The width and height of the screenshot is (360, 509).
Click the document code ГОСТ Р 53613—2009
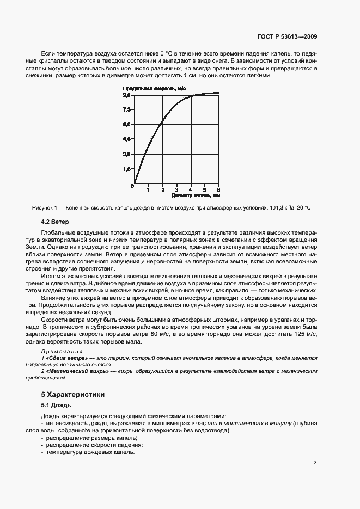click(x=288, y=37)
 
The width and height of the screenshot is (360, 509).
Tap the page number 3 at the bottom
click(x=315, y=463)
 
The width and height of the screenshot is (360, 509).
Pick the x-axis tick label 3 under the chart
click(x=176, y=189)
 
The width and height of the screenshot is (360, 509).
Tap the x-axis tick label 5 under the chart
click(x=218, y=189)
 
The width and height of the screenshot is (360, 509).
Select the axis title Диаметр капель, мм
click(x=195, y=195)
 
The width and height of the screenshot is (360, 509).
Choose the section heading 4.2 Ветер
click(x=55, y=222)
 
